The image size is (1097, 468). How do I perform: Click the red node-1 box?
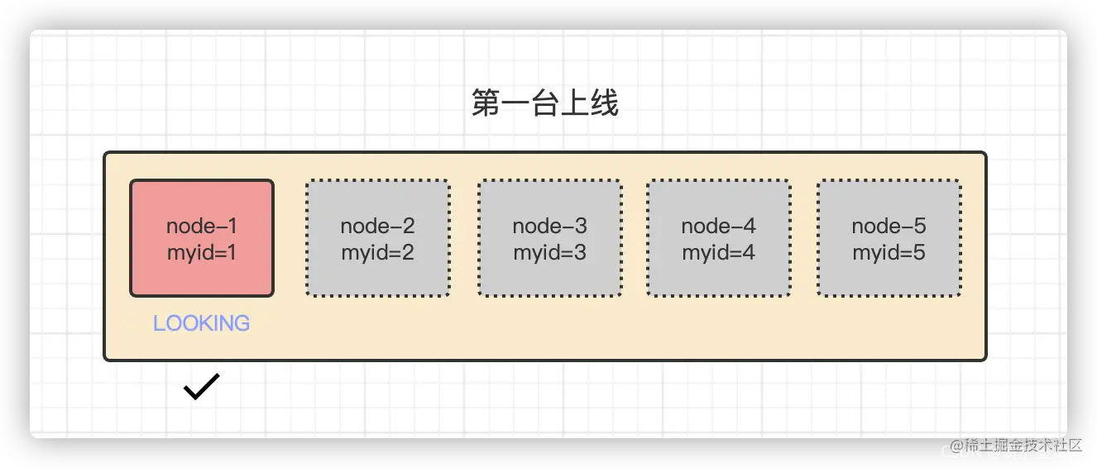click(202, 238)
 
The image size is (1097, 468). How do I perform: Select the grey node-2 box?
click(378, 238)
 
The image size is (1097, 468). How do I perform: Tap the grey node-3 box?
click(549, 238)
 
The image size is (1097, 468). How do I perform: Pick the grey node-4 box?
click(718, 238)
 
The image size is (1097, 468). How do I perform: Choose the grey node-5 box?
click(889, 238)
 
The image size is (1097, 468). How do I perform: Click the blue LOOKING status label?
click(201, 323)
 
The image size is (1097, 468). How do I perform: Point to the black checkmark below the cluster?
click(202, 387)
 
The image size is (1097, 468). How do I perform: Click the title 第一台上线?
click(545, 104)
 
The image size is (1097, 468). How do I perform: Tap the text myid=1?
click(202, 253)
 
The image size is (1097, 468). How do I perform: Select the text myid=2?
click(378, 253)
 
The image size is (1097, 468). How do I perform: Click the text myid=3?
click(549, 253)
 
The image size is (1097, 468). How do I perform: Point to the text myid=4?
click(718, 253)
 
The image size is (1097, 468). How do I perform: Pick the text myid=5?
click(889, 253)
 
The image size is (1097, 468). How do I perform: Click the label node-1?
click(202, 226)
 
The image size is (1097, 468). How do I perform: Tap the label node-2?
click(378, 226)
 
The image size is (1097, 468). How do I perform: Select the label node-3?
click(549, 226)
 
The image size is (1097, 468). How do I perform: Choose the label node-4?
click(718, 226)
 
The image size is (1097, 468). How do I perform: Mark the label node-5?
click(889, 226)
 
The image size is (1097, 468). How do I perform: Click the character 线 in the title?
click(605, 104)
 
